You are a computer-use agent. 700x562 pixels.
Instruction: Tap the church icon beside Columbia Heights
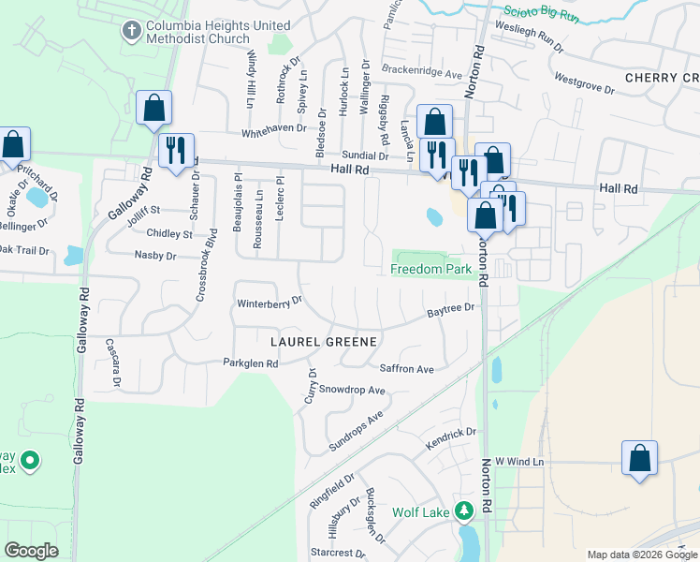pos(130,31)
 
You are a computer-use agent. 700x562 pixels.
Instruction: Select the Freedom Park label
pos(430,270)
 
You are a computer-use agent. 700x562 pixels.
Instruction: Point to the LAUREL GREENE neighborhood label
pos(324,341)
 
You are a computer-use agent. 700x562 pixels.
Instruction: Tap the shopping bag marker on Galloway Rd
pos(153,108)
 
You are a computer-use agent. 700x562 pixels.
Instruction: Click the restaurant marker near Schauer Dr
pos(176,150)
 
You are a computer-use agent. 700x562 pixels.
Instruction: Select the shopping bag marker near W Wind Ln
pos(639,458)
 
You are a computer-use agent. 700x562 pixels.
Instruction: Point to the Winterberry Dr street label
pos(270,303)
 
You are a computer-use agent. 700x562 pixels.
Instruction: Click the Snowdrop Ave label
pos(352,390)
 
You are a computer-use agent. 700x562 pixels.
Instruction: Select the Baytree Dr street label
pos(452,308)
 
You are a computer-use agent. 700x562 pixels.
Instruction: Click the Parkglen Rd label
pos(251,362)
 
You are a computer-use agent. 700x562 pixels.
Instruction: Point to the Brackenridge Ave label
pos(422,72)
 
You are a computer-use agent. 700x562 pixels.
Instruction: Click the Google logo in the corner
pos(31,551)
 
